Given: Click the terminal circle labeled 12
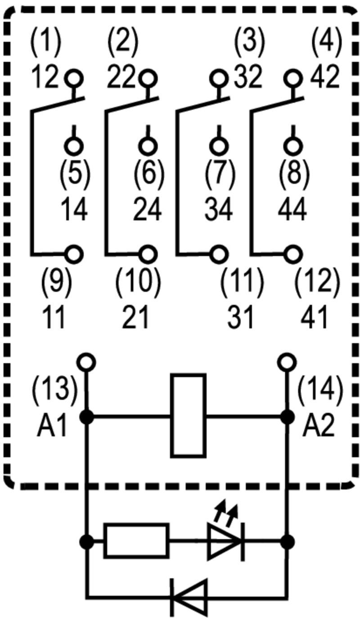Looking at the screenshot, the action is click(x=73, y=79).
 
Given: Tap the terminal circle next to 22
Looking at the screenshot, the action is click(x=147, y=79).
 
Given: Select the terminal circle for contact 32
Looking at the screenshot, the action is click(x=220, y=79).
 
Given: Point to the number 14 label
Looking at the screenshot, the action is click(x=74, y=210).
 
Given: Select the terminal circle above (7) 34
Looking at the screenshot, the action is click(x=220, y=145).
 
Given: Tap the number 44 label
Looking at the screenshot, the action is click(x=292, y=210).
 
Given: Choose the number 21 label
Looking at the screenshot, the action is click(x=135, y=318).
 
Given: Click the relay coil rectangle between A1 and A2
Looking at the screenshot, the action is click(x=188, y=416).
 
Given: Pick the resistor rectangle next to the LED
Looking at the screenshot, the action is click(x=136, y=541).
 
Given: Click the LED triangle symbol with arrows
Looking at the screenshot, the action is click(x=224, y=541).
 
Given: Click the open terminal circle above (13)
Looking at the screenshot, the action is click(x=86, y=361).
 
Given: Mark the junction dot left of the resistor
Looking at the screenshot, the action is click(x=86, y=541).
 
